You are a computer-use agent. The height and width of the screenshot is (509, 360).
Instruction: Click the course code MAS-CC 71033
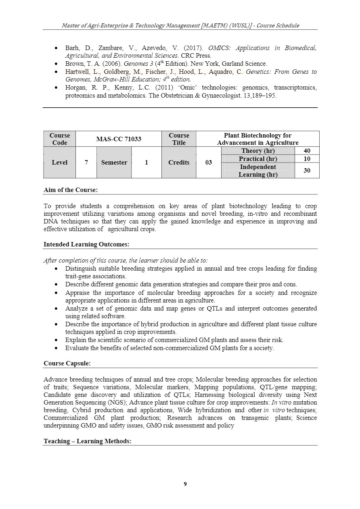118,139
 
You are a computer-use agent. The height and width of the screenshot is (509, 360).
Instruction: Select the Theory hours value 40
307,151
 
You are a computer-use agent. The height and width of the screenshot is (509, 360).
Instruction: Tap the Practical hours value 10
307,159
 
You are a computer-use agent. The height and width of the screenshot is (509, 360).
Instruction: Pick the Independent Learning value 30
307,171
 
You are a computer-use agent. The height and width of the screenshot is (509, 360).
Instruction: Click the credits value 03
208,163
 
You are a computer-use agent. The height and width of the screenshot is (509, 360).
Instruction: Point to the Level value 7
86,163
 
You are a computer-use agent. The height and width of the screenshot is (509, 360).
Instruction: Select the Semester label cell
114,163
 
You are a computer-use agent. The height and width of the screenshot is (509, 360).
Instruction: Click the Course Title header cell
179,139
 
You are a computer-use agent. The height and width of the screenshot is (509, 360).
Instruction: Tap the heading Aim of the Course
71,190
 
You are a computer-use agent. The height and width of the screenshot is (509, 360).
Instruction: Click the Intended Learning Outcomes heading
86,244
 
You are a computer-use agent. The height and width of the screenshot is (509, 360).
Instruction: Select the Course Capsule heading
67,363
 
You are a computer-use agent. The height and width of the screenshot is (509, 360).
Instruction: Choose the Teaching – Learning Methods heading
87,441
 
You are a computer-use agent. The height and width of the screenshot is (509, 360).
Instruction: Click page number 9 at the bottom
185,484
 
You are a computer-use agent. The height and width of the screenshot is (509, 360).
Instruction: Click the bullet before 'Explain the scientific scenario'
56,340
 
